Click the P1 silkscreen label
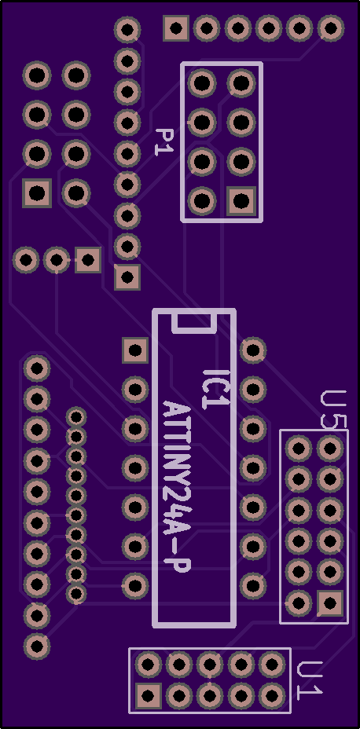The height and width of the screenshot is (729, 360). pos(163,142)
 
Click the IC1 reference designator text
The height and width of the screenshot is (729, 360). pos(216,389)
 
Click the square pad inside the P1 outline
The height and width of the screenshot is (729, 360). pos(241,201)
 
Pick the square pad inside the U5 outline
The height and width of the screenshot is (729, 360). pos(330,603)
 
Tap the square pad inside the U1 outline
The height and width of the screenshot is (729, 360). pos(149,695)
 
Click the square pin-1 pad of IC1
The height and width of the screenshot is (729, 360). pos(135,350)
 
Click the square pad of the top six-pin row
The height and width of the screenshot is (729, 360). pos(176,28)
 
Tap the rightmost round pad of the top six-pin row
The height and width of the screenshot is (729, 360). pos(331,28)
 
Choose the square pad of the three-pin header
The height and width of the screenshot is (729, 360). pos(88,260)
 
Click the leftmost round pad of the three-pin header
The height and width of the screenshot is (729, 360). pos(26,260)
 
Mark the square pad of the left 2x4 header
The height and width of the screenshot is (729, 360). pos(37,193)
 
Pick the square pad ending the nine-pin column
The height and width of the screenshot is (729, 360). pos(127,277)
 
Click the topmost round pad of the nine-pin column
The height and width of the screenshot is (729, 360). pos(127,29)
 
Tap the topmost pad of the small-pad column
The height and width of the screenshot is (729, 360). pos(75,416)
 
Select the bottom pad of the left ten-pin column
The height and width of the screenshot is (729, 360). pos(37,646)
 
